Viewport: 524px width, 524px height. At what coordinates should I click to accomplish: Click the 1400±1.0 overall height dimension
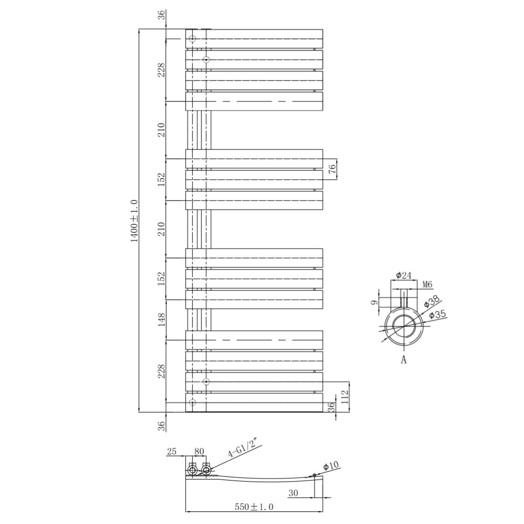click(134, 220)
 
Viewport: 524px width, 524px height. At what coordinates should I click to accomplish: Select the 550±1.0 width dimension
click(254, 507)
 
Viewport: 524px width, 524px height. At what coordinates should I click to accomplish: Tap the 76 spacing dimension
click(332, 169)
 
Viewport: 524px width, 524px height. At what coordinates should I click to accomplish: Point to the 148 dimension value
click(161, 320)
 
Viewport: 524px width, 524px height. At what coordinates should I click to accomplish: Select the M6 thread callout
click(427, 285)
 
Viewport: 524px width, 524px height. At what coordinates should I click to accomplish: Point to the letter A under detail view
click(403, 359)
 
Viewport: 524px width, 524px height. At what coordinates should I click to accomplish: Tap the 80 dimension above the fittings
click(199, 451)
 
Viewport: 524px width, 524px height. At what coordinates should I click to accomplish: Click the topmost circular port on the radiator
click(192, 39)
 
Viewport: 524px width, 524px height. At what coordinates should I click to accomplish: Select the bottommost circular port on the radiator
click(192, 402)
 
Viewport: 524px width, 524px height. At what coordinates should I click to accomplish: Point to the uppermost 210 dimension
click(161, 129)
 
